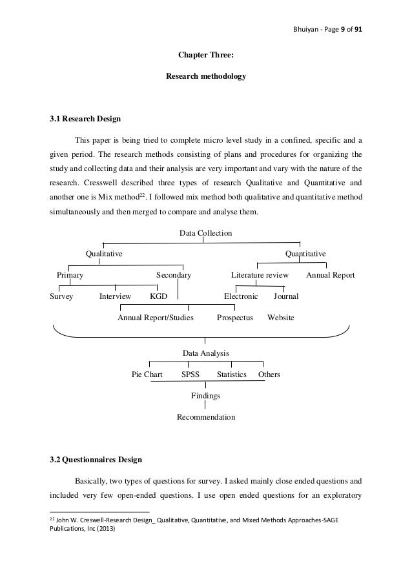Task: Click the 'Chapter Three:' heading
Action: [x=205, y=55]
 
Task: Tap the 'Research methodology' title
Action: [x=205, y=76]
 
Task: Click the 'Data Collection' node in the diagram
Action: [x=205, y=232]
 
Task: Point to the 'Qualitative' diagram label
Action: [x=105, y=254]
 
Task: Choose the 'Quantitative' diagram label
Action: [x=305, y=254]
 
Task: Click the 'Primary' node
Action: [x=70, y=275]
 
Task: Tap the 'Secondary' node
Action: [x=174, y=275]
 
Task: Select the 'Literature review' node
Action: [x=260, y=275]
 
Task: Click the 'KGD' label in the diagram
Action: [x=158, y=296]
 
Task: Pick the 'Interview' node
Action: [x=115, y=296]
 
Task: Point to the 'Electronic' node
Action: [x=241, y=296]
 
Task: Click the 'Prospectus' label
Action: [x=234, y=318]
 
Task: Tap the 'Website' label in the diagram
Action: [x=280, y=318]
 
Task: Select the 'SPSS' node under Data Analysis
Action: [x=190, y=374]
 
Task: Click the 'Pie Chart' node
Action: [x=147, y=374]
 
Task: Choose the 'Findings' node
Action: [x=205, y=395]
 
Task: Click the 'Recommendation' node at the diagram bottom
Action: [x=205, y=417]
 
